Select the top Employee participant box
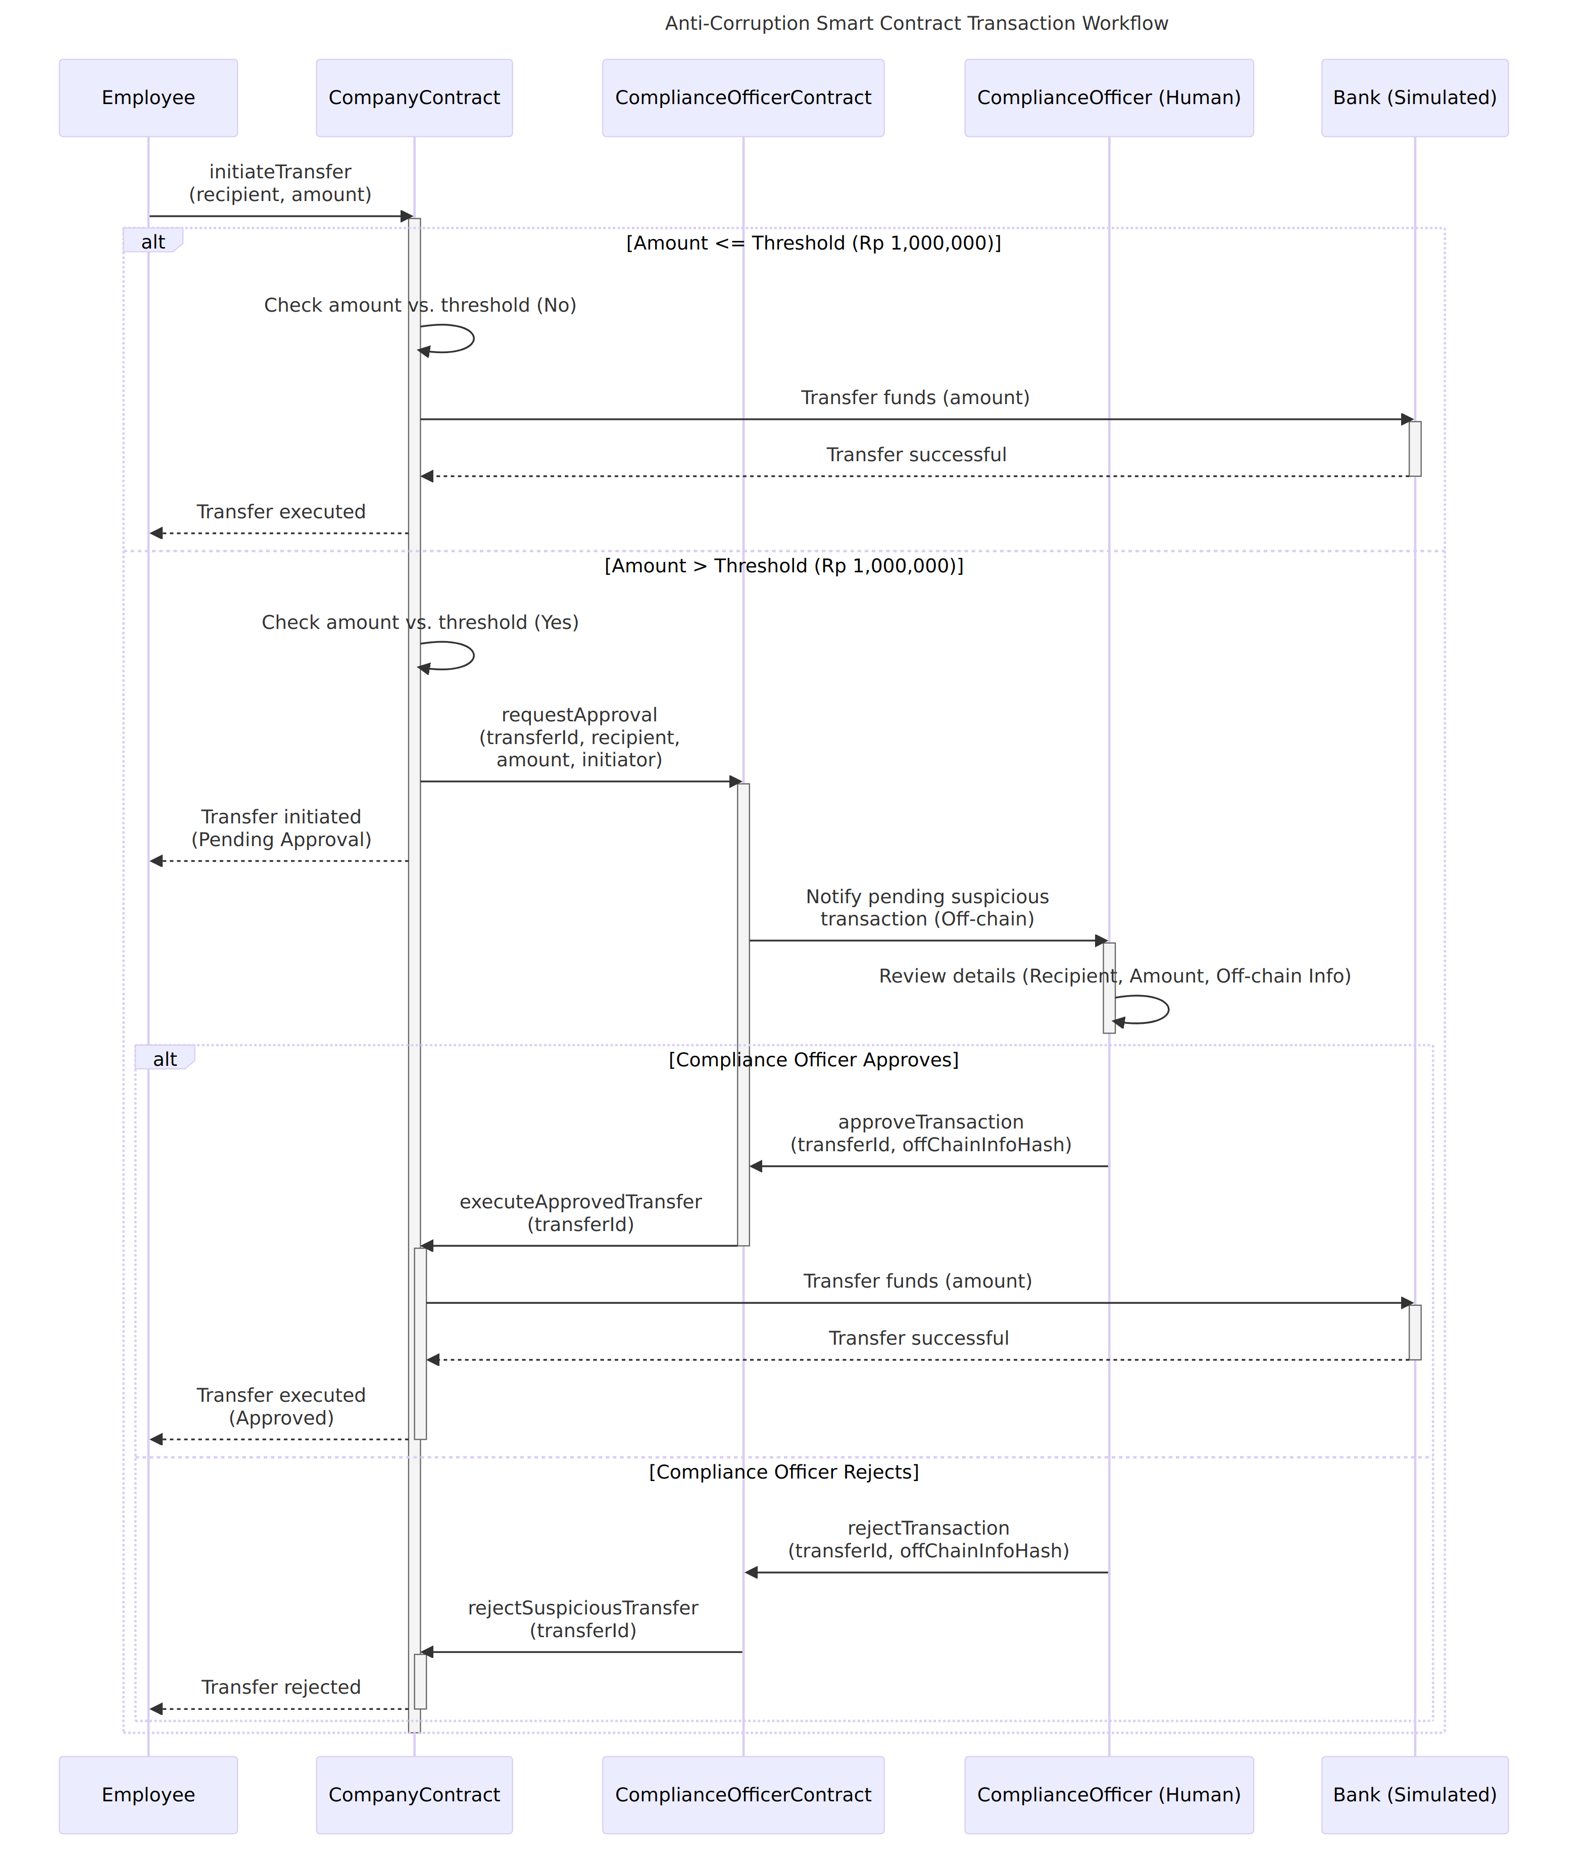point(148,98)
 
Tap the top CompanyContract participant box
point(414,98)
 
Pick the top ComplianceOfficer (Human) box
point(1109,98)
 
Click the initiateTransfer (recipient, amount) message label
point(280,183)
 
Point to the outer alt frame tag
point(153,240)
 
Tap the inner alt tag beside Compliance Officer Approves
point(164,1058)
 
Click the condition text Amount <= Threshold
point(814,243)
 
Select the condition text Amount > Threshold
point(784,566)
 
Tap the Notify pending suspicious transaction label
point(927,907)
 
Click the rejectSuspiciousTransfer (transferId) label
point(583,1619)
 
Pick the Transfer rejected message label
point(281,1687)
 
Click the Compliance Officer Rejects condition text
point(784,1472)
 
